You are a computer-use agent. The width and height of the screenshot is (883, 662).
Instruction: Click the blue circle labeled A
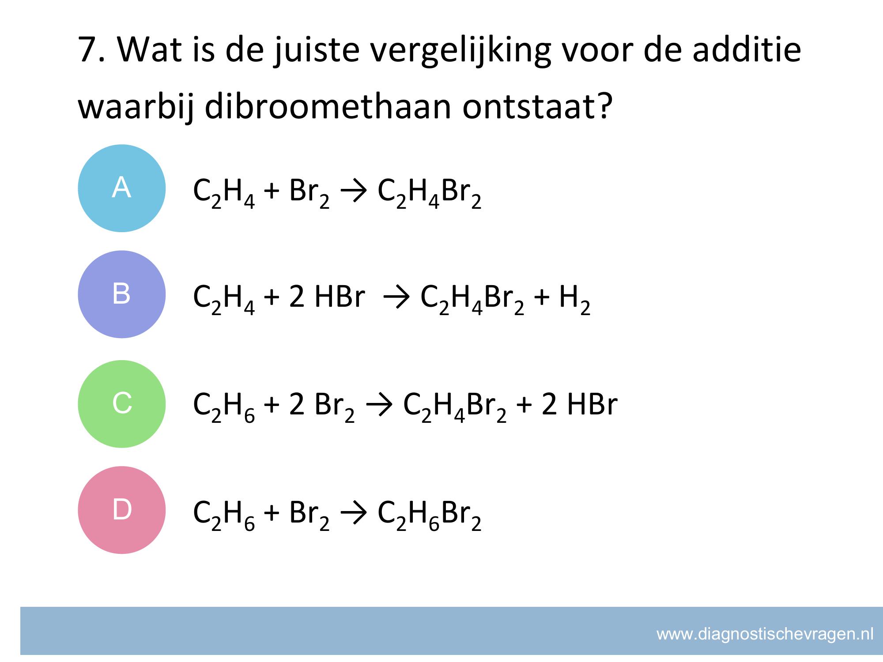pos(121,188)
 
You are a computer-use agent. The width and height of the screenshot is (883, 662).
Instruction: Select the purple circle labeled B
pos(121,294)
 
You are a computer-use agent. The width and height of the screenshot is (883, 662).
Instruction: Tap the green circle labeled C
pos(121,404)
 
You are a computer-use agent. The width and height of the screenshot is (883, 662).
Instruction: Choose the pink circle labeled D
pos(121,510)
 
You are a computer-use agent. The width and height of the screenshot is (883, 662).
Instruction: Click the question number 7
pos(88,49)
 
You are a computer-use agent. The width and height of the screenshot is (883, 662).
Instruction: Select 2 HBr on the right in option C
pos(579,404)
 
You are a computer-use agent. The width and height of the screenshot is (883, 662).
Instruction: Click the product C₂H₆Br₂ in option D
pos(429,516)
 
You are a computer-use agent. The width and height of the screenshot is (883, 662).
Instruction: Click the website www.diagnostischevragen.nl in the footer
pos(765,635)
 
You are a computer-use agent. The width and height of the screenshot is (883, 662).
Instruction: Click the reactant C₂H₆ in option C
pos(224,408)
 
